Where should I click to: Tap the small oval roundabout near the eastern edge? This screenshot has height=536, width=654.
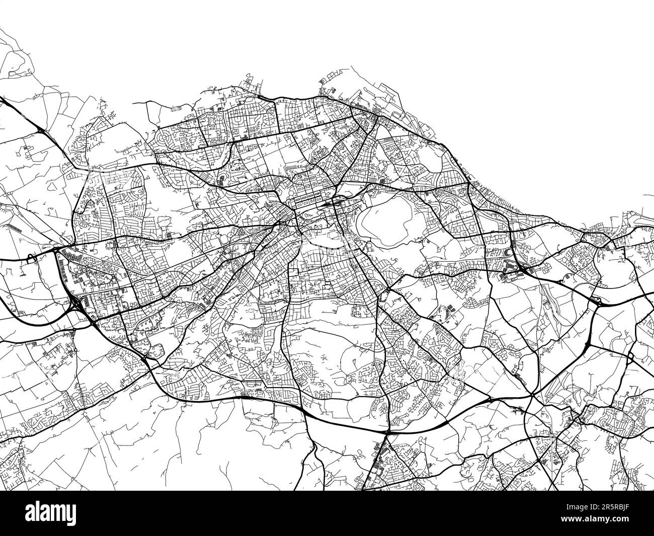630,357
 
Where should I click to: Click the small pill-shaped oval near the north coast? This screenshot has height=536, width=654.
176,108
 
